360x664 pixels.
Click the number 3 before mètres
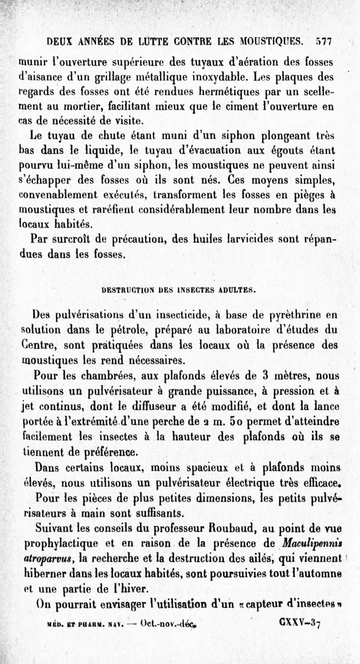266,375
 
